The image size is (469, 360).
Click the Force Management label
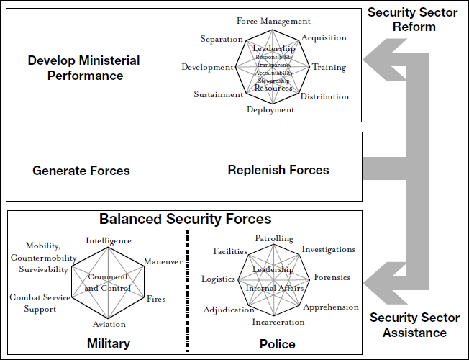pyautogui.click(x=273, y=22)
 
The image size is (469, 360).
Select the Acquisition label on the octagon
pyautogui.click(x=324, y=38)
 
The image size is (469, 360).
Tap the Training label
pyautogui.click(x=329, y=68)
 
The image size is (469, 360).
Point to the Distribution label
pyautogui.click(x=324, y=96)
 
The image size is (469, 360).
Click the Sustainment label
pyautogui.click(x=218, y=94)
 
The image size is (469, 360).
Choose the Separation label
pyautogui.click(x=222, y=38)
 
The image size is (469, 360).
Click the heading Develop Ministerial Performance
pyautogui.click(x=84, y=67)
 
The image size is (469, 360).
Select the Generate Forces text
pyautogui.click(x=81, y=171)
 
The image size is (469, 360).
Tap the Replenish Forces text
pyautogui.click(x=278, y=170)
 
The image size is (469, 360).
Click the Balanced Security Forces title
pyautogui.click(x=186, y=219)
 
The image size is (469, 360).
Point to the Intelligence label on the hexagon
pyautogui.click(x=109, y=240)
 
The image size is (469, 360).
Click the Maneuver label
pyautogui.click(x=163, y=261)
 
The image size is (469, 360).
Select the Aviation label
pyautogui.click(x=109, y=325)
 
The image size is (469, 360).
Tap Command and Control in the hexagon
pyautogui.click(x=108, y=282)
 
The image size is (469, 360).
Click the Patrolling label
pyautogui.click(x=274, y=238)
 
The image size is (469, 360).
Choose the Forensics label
pyautogui.click(x=332, y=278)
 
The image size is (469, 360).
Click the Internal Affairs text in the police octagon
pyautogui.click(x=275, y=288)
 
